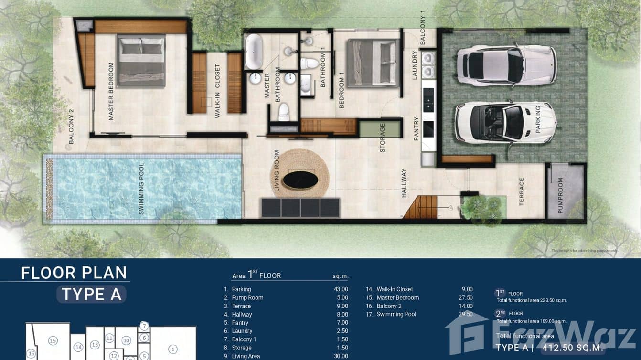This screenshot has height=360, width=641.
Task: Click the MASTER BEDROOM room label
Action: tap(111, 91)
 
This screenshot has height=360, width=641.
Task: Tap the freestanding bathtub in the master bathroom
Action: tap(253, 52)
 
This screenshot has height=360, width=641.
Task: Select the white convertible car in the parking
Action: tap(505, 122)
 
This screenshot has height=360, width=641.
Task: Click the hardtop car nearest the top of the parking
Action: tap(506, 65)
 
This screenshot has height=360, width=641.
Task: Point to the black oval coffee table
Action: tap(300, 180)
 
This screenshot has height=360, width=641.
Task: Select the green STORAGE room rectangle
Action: tap(380, 129)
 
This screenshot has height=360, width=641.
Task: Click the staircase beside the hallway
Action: tap(421, 208)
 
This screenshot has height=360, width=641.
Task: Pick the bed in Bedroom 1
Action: tap(373, 63)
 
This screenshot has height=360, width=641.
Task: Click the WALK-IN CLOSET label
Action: tap(217, 91)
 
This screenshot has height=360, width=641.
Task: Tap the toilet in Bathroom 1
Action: tap(310, 63)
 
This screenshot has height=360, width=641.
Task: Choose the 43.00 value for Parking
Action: tap(341, 289)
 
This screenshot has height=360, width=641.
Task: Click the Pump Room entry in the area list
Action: tap(247, 298)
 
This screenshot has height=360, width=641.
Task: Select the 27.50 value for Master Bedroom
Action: tap(465, 298)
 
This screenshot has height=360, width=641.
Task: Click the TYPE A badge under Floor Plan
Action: tap(91, 295)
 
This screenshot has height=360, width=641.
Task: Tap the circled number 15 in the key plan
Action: tap(53, 340)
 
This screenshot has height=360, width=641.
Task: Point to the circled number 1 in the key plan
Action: tap(173, 349)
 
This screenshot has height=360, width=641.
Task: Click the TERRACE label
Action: tap(522, 191)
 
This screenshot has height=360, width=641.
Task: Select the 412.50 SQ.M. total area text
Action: tap(572, 348)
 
